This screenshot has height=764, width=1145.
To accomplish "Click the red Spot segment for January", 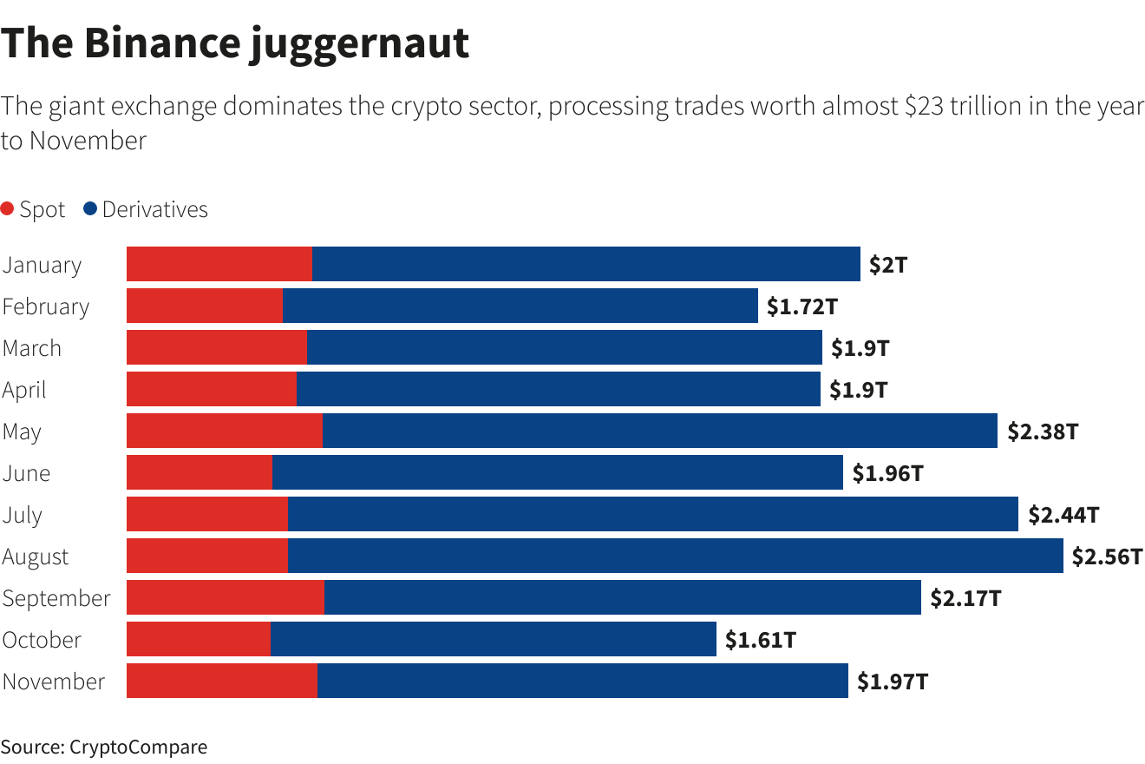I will (x=219, y=264).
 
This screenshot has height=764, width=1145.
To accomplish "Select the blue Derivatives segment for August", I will (x=675, y=556).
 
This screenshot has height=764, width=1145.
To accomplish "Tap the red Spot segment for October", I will (x=199, y=639).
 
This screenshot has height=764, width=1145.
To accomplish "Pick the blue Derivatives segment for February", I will (x=520, y=306).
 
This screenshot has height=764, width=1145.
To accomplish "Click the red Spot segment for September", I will (x=226, y=597).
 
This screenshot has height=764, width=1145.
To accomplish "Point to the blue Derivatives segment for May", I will (x=659, y=431).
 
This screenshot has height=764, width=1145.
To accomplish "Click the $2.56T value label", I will (x=1107, y=557).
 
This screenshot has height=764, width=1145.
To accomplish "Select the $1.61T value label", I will (x=761, y=640).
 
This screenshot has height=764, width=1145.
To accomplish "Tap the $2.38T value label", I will (x=1042, y=431).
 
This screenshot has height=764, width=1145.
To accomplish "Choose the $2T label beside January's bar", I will (x=887, y=265).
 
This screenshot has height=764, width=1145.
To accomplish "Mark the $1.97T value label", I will (x=893, y=682).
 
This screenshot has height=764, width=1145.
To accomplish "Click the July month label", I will (x=22, y=515).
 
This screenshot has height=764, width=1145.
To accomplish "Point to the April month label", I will (x=24, y=390).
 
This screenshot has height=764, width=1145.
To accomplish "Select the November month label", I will (x=54, y=682).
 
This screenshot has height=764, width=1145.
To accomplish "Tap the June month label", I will (x=26, y=473).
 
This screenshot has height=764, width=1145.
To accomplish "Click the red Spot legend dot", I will (x=8, y=209).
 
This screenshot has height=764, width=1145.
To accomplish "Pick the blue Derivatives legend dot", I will (x=90, y=209).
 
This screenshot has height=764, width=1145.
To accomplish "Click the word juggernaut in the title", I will (x=359, y=43).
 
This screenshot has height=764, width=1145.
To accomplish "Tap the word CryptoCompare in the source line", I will (x=138, y=747).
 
